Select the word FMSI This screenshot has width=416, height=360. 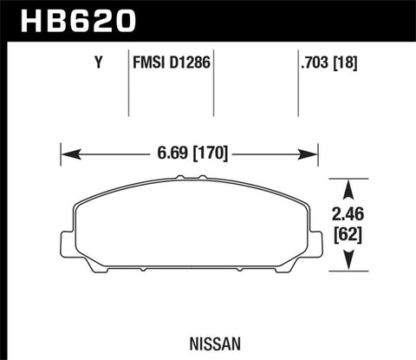pos(147,62)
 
